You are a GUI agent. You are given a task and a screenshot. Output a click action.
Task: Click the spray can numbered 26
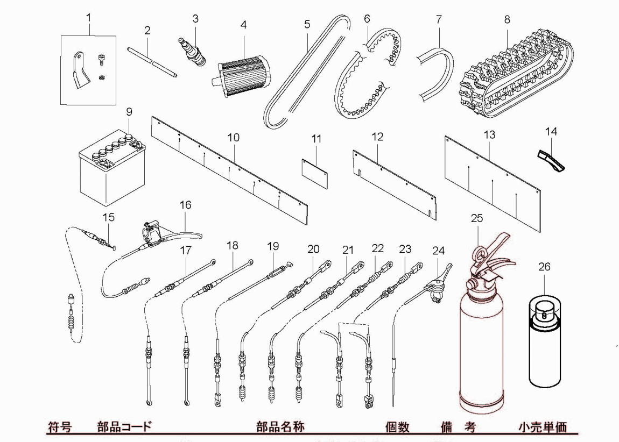[544, 341]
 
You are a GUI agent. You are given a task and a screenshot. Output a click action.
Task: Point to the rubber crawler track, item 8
[511, 81]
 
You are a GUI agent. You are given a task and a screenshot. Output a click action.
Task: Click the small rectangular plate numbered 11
[315, 172]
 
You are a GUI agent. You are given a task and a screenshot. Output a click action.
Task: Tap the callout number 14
[551, 131]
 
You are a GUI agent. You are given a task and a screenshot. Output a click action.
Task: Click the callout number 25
[477, 218]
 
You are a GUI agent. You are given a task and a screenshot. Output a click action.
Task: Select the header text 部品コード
[124, 427]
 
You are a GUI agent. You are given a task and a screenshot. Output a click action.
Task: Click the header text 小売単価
[543, 427]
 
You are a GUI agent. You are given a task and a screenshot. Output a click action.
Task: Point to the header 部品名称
[280, 427]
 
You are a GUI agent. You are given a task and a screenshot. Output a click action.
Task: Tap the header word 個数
[397, 427]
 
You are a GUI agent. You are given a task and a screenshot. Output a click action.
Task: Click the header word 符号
[59, 427]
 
